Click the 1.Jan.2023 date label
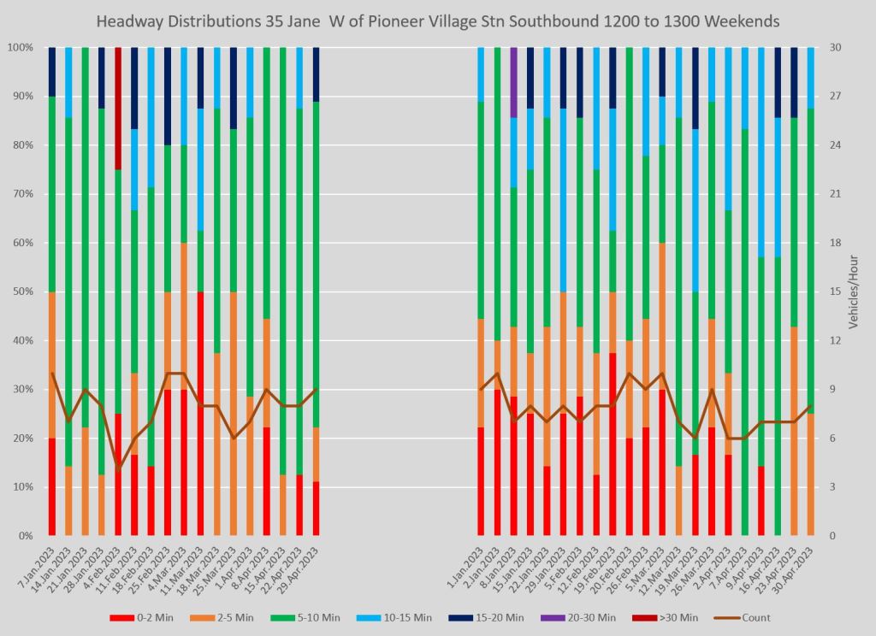(x=467, y=564)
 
